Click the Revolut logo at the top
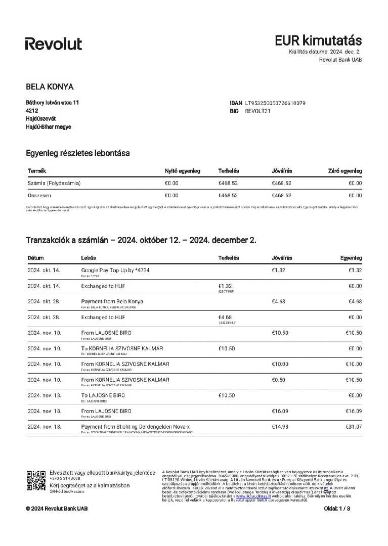pos(53,44)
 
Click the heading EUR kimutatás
pos(318,40)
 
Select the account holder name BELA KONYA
pos(50,86)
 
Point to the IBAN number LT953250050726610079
pos(275,103)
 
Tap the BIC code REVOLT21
pos(258,111)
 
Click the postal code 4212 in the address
pos(32,110)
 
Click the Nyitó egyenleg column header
pos(183,171)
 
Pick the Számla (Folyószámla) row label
pos(54,183)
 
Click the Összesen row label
pos(39,195)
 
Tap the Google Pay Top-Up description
pos(115,270)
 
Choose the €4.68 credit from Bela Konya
pos(278,301)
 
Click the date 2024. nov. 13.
pos(44,395)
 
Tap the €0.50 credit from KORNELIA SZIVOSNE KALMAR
pos(278,380)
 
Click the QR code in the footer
pos(36,481)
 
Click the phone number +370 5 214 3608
pos(65,478)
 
